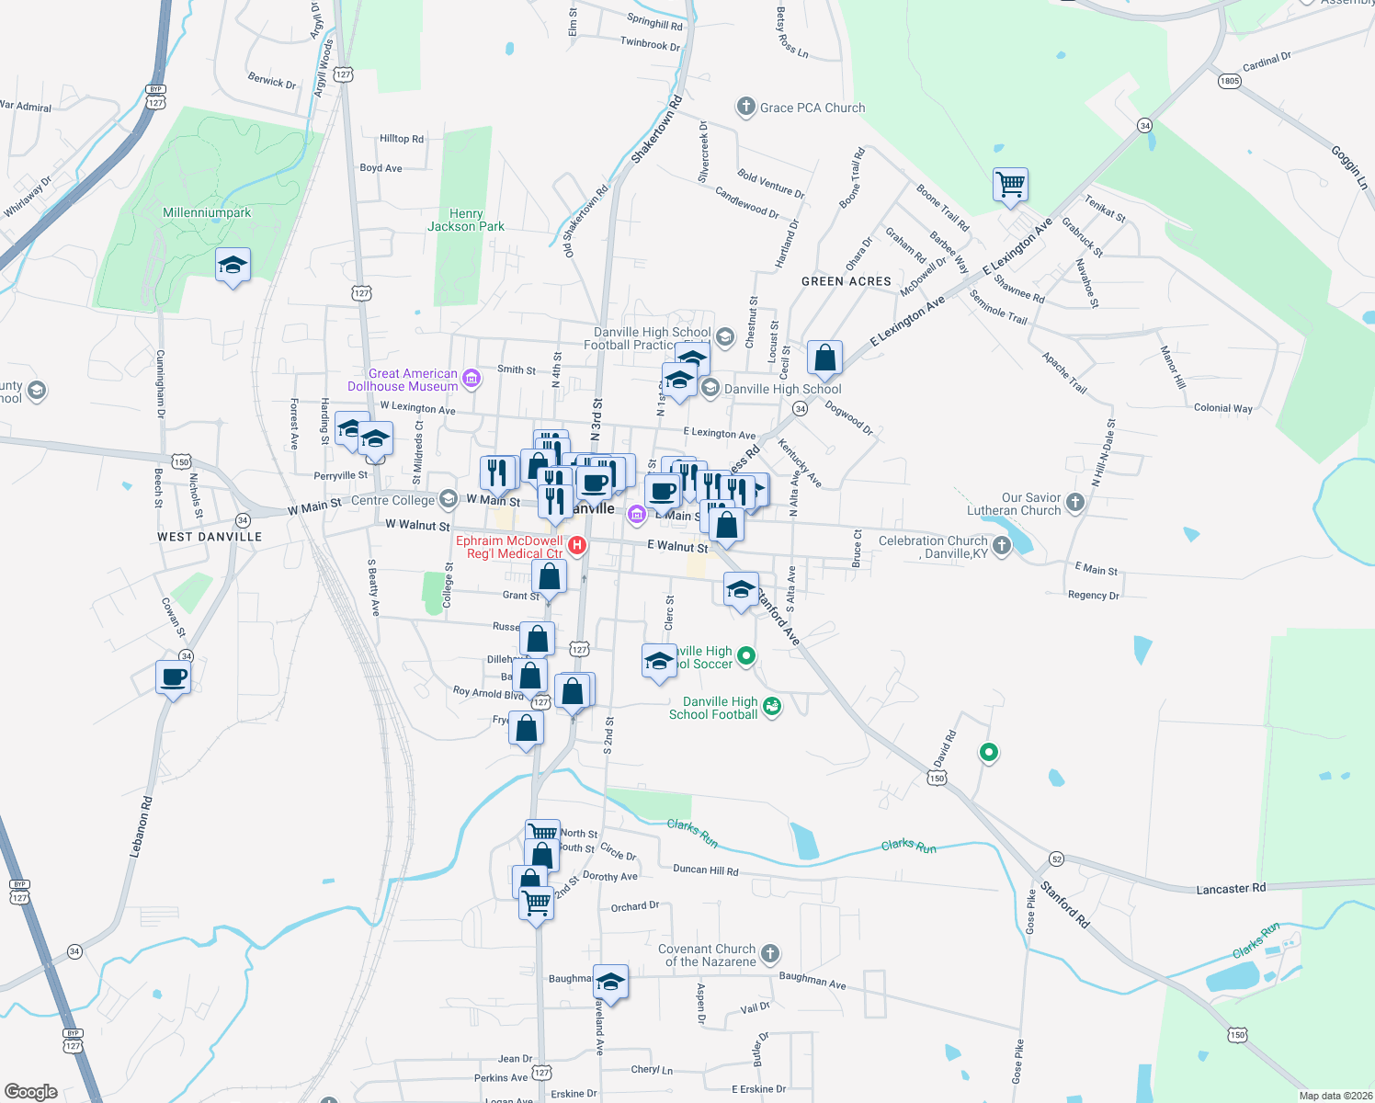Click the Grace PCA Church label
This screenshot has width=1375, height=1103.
(x=812, y=108)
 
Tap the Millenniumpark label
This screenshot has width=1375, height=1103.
(x=207, y=212)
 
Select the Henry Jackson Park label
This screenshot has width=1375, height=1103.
(x=466, y=220)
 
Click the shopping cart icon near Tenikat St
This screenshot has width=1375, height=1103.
(x=1010, y=184)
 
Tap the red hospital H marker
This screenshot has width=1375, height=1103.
(x=577, y=546)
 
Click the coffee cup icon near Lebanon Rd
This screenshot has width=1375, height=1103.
(x=173, y=678)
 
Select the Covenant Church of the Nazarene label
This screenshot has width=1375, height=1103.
(x=707, y=955)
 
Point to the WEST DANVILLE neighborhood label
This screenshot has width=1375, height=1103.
(x=210, y=537)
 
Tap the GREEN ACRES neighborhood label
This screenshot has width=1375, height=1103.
(x=847, y=281)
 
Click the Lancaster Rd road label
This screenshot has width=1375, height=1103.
(x=1231, y=889)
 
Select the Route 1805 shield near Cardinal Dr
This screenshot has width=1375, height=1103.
(x=1230, y=81)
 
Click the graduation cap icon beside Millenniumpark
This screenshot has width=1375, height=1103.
(x=233, y=266)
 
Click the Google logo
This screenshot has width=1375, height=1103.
(x=30, y=1092)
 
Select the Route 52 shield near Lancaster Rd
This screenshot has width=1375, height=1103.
(x=1057, y=859)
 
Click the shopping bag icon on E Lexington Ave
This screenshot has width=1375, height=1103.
(x=824, y=358)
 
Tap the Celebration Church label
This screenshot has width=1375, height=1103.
(x=933, y=547)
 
